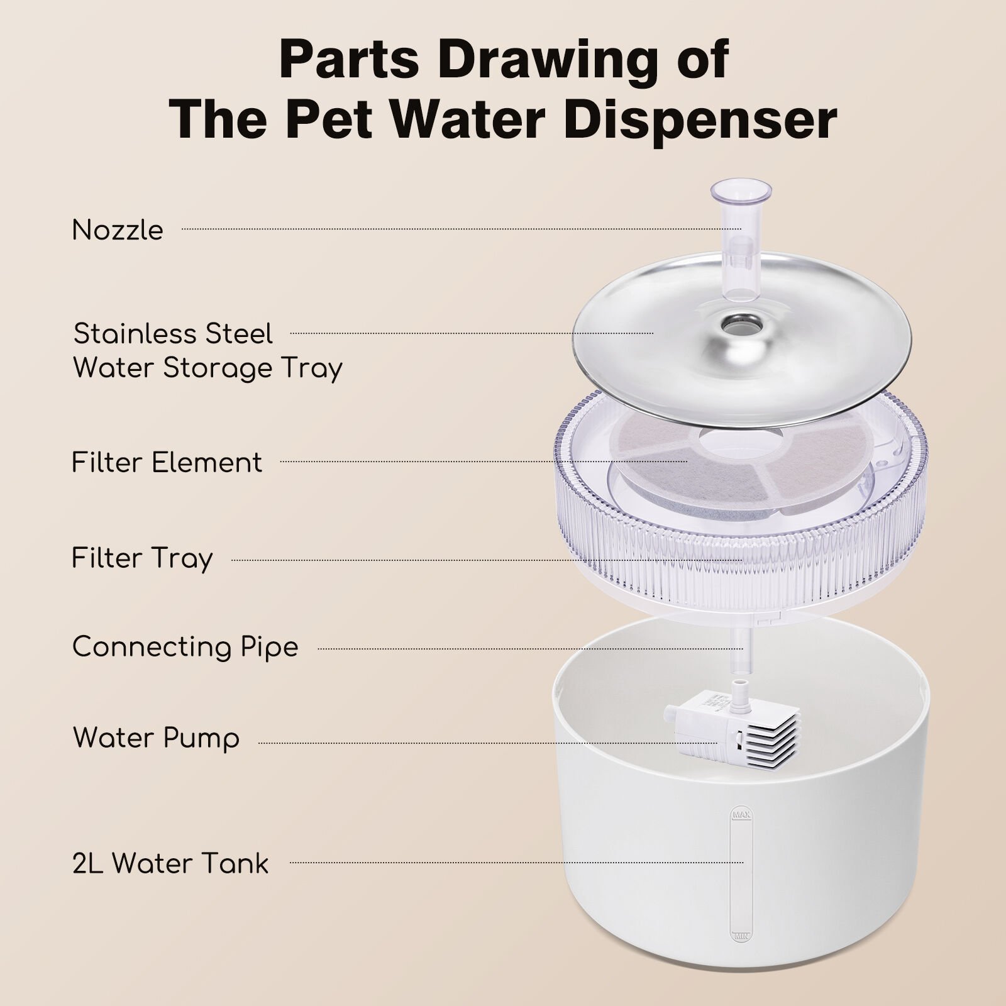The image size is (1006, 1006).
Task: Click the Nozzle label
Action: (x=118, y=230)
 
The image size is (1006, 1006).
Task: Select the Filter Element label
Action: (x=167, y=463)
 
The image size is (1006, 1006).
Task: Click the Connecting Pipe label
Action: (x=185, y=647)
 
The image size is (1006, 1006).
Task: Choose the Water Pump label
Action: (x=156, y=738)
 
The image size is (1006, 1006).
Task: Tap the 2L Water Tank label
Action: (x=170, y=863)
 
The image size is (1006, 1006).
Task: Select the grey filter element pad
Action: (x=679, y=462)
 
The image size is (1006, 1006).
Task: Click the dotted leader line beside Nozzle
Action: (x=462, y=229)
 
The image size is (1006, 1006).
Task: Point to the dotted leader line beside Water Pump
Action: (x=488, y=743)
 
